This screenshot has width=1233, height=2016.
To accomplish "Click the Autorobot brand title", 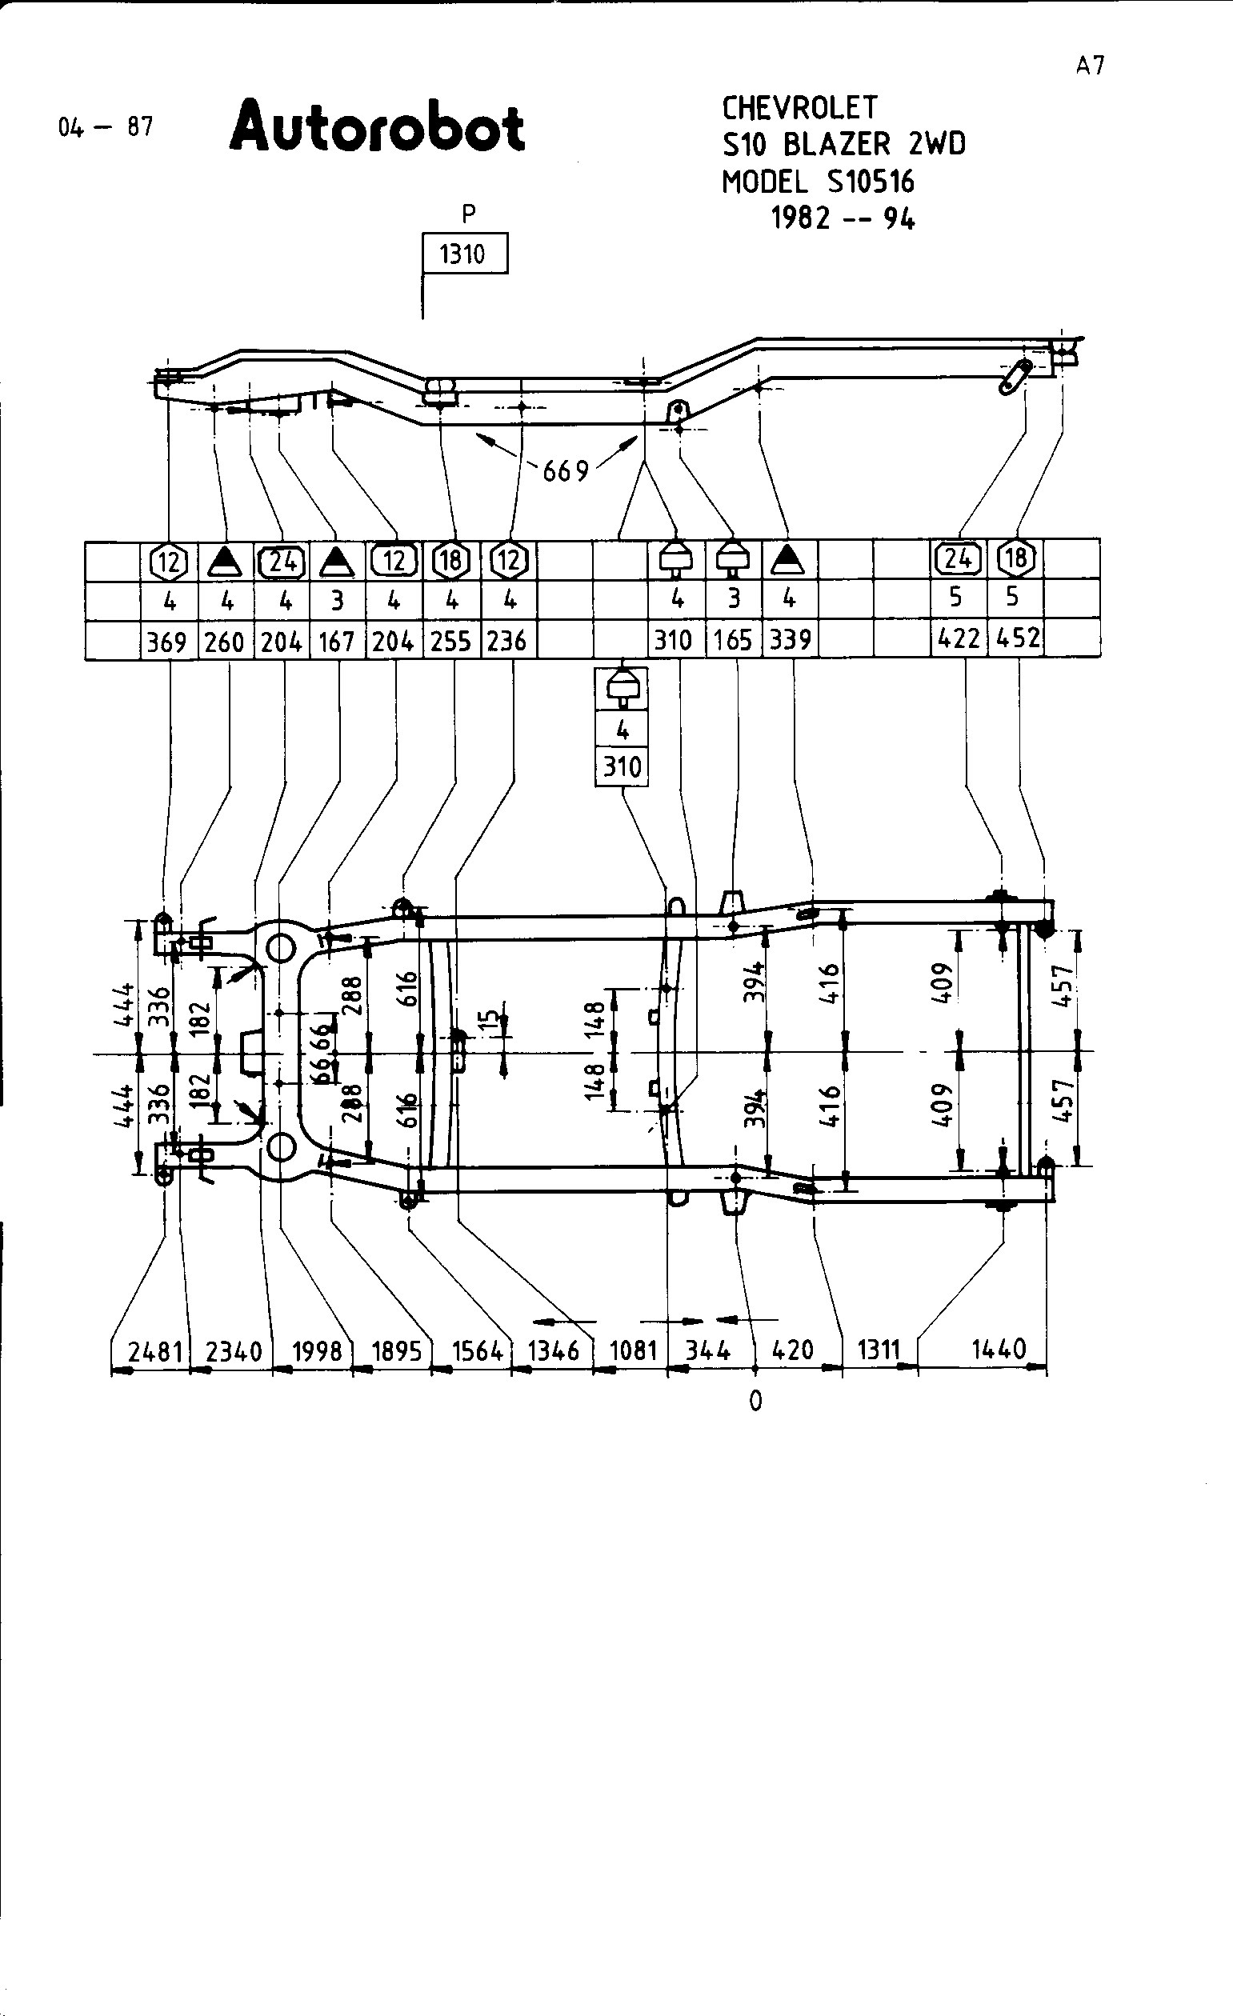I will [377, 129].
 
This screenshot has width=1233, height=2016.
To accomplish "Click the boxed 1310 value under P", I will [463, 254].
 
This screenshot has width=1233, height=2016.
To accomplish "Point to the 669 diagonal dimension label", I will [566, 470].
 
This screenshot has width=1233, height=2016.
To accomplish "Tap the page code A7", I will [1091, 66].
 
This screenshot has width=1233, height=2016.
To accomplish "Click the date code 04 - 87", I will [106, 127].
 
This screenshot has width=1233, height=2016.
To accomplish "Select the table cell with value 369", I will [168, 642].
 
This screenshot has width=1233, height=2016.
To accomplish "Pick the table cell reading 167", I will [336, 642].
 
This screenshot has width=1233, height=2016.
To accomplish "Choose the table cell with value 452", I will [1018, 638].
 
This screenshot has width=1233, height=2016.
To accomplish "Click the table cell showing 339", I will [790, 640].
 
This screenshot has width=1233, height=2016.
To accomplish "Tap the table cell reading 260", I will [225, 642].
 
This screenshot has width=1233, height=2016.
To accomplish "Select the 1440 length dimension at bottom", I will [999, 1348].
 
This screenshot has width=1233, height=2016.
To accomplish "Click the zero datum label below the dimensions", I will [755, 1402].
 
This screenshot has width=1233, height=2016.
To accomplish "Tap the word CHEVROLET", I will [799, 108].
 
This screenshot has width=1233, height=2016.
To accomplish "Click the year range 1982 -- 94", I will [843, 218].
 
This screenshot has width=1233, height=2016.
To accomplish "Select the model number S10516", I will [871, 182].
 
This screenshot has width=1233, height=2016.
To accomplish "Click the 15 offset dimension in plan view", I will [488, 1019].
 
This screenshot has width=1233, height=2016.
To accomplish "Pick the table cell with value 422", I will [959, 638].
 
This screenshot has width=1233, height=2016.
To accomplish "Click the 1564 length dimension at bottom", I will [477, 1350].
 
